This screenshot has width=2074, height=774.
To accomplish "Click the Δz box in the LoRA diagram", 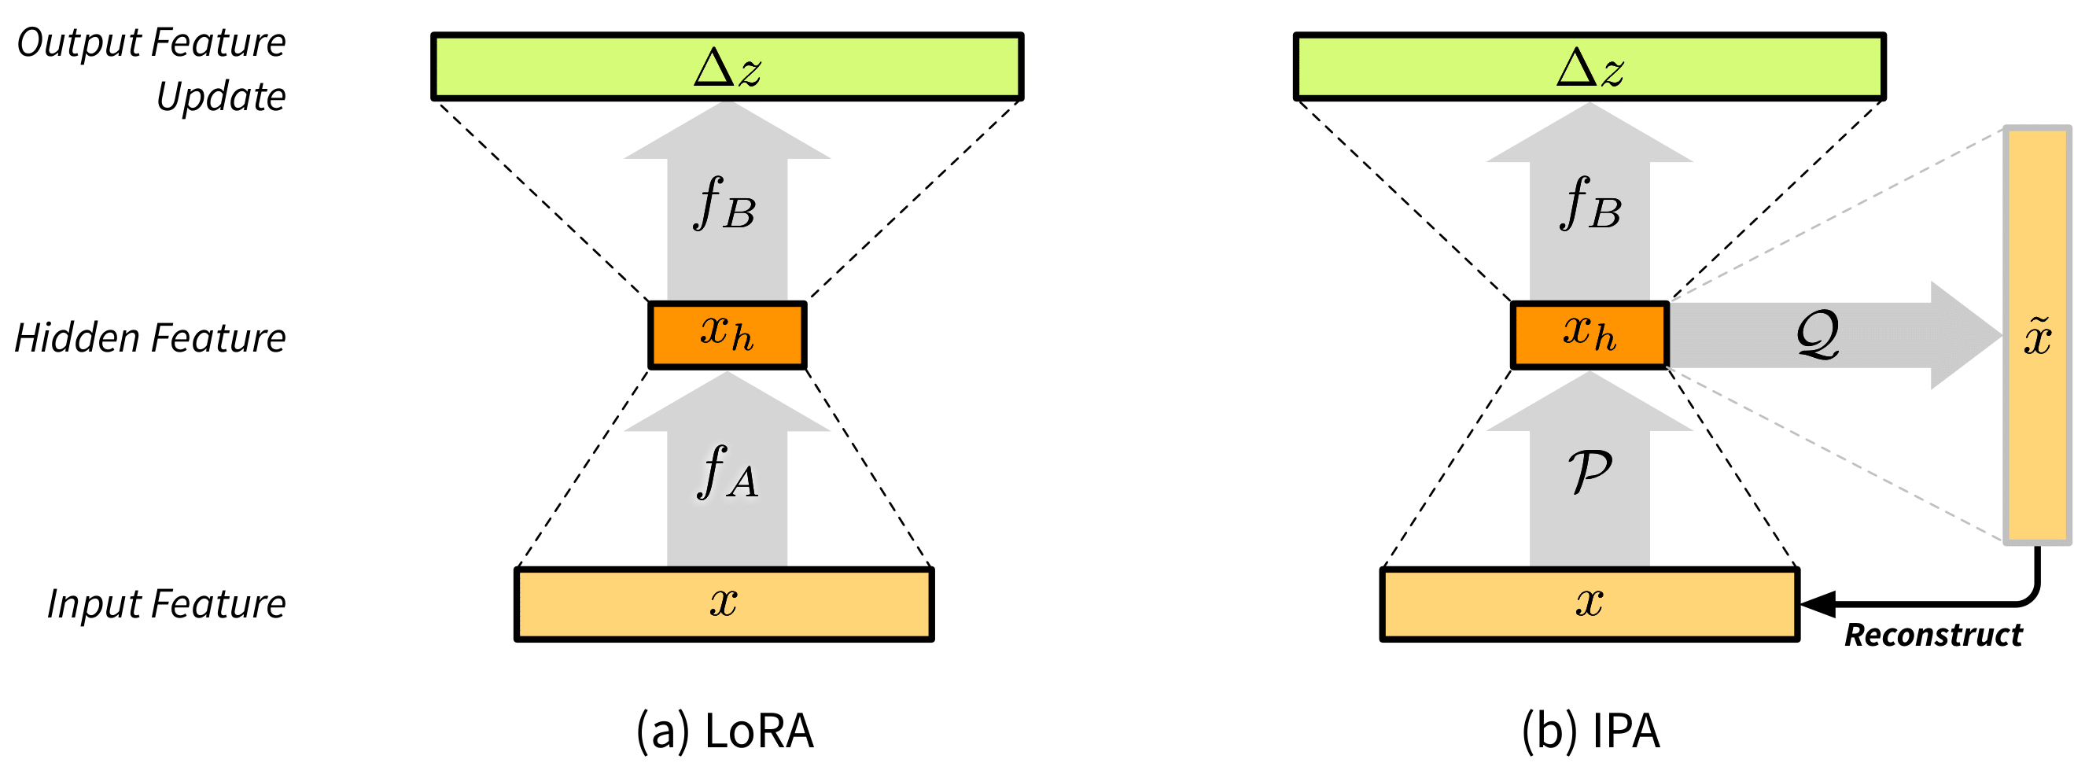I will [x=727, y=66].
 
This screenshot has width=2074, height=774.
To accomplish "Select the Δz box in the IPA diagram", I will [x=1590, y=66].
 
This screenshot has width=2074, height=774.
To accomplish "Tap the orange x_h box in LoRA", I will [x=727, y=334].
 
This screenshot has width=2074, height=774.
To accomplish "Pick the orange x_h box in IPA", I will [x=1590, y=334].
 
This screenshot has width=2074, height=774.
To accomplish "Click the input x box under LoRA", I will [x=724, y=604].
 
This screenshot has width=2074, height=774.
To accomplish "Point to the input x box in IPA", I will [x=1590, y=604].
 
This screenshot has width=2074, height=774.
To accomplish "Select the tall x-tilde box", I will [x=2037, y=335].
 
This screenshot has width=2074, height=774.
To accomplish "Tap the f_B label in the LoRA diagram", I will [x=724, y=204].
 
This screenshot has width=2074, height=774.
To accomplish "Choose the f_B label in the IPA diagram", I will [x=1590, y=204].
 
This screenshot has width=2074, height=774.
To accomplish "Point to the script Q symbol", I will [x=1818, y=334].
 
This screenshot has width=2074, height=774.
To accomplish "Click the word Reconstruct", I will [x=1933, y=636].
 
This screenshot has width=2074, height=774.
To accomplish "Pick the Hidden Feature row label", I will [x=150, y=337].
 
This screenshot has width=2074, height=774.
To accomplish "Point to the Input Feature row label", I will [x=166, y=604].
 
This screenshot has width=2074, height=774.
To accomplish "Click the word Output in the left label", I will [x=78, y=42].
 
